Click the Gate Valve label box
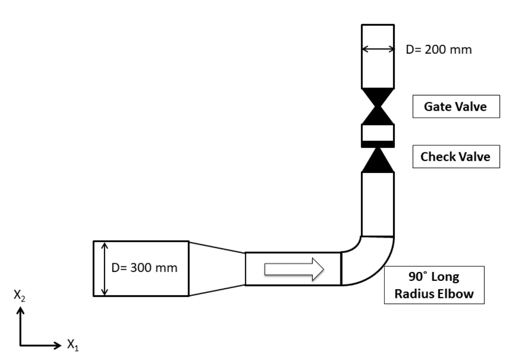click(x=456, y=107)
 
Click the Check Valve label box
click(x=456, y=156)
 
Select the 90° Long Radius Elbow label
click(x=434, y=285)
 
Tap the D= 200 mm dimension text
click(x=439, y=50)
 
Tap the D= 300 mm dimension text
click(x=144, y=268)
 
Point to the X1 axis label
click(x=73, y=344)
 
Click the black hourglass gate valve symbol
click(x=378, y=106)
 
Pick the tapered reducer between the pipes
click(x=217, y=269)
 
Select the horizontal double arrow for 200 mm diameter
click(x=378, y=49)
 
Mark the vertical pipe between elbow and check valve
click(x=378, y=204)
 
